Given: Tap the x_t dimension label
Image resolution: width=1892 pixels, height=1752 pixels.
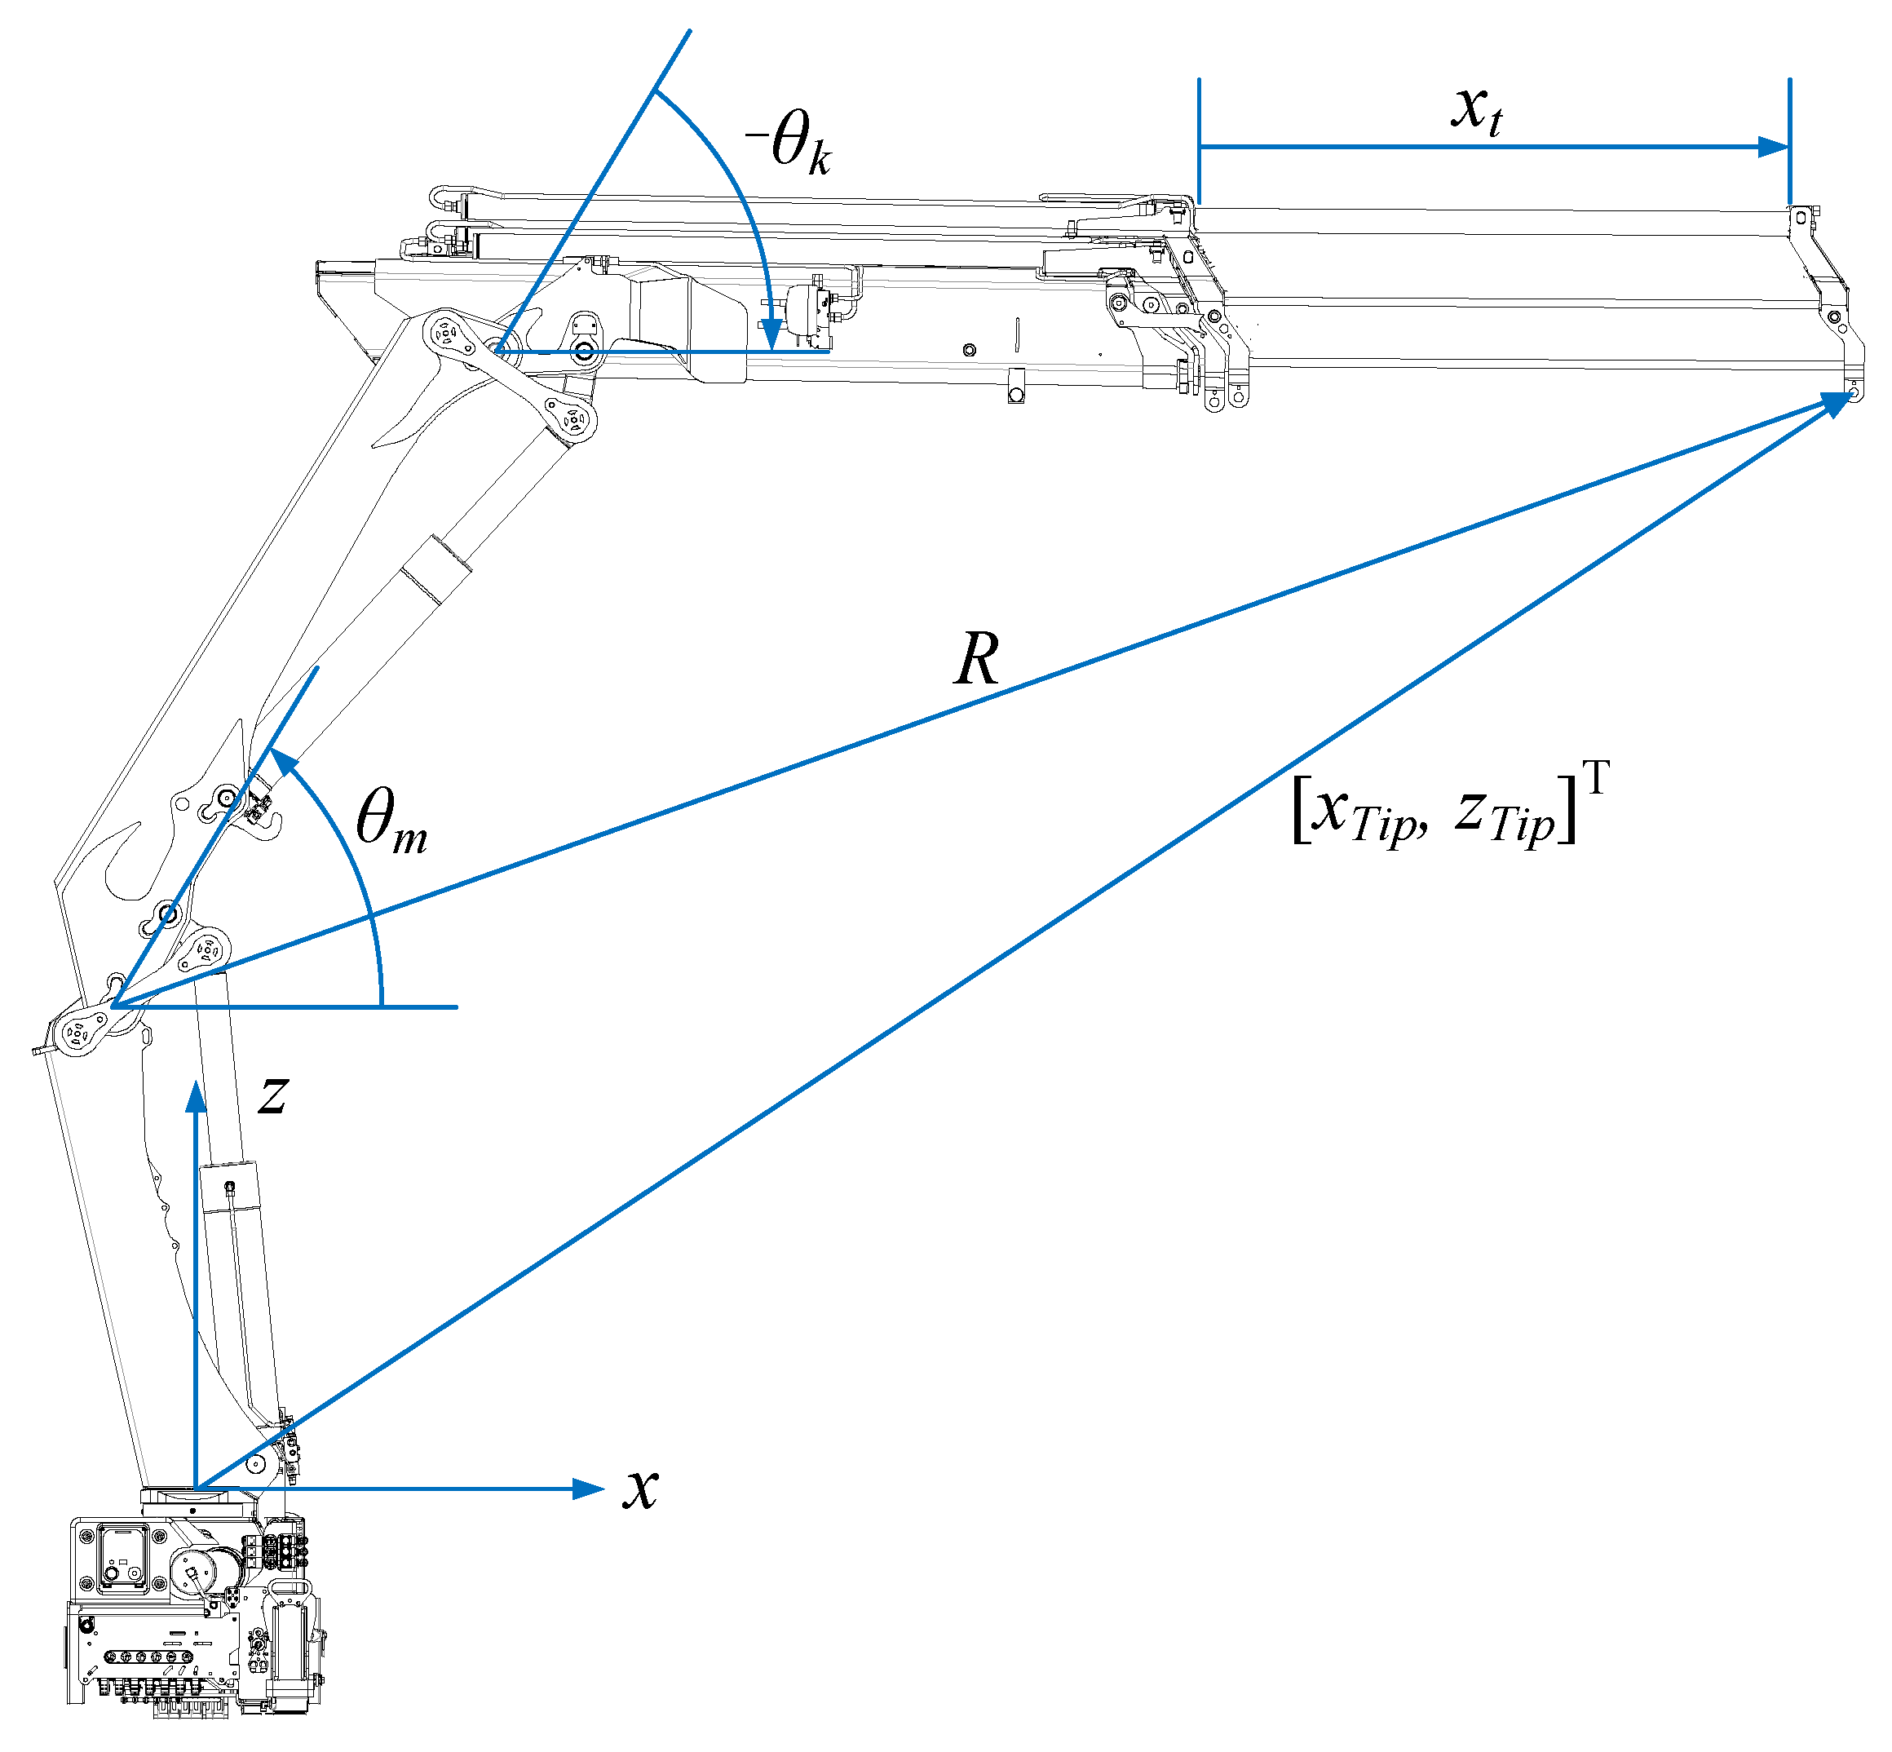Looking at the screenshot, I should (1476, 109).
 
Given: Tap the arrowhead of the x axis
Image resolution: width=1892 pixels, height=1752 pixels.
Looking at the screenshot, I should (591, 1489).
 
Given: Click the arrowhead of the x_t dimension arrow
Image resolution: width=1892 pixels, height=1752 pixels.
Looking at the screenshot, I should (1775, 147).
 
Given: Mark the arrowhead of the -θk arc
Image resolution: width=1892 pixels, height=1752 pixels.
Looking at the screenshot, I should (772, 334).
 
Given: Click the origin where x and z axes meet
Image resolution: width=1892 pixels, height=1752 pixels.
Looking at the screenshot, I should (197, 1489).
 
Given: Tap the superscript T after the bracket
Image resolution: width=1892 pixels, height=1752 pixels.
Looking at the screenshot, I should (1595, 778).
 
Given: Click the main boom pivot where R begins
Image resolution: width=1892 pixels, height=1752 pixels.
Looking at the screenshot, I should (113, 1005).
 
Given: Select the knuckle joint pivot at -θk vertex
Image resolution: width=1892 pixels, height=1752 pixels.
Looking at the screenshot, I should (495, 352).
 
